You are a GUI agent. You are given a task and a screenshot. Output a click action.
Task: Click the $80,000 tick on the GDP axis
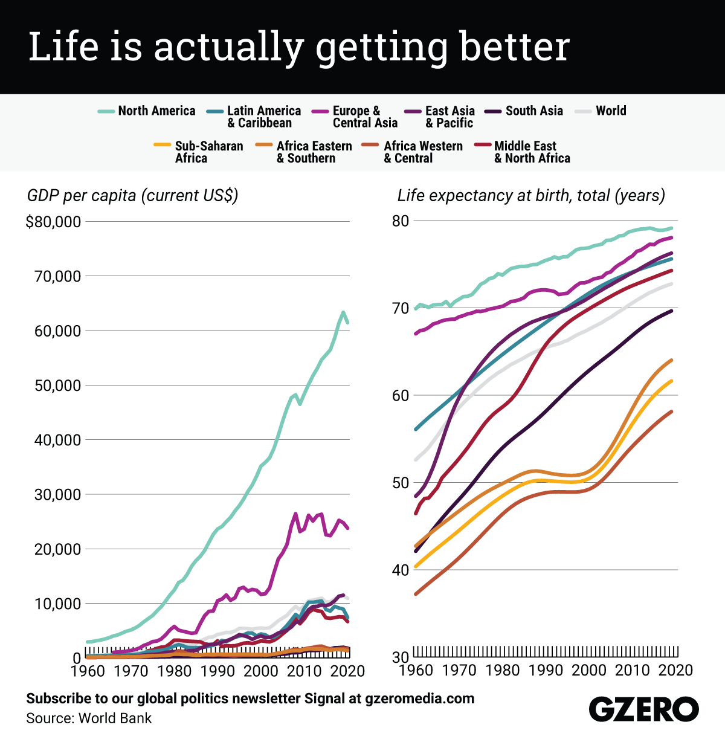point(53,222)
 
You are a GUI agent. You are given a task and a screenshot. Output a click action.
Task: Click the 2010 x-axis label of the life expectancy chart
point(632,670)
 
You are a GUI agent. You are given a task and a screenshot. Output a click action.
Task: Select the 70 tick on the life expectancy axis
point(400,309)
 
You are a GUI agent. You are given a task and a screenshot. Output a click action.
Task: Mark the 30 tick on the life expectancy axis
point(400,657)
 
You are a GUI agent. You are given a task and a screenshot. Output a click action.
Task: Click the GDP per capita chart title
point(133,196)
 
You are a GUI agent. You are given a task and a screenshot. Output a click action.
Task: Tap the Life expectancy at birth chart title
point(531,196)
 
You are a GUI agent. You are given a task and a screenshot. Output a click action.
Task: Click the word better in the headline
point(515,47)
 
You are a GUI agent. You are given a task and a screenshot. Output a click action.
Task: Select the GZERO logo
point(643,709)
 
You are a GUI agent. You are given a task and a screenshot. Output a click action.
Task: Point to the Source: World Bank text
point(89,718)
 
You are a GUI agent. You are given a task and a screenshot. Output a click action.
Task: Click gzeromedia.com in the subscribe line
point(419,699)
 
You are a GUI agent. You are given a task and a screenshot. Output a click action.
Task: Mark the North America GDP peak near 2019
point(343,312)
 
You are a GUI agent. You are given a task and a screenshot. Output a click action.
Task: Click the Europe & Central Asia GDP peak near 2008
point(295,514)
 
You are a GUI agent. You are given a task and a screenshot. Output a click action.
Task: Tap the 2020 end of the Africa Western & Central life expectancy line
point(671,411)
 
